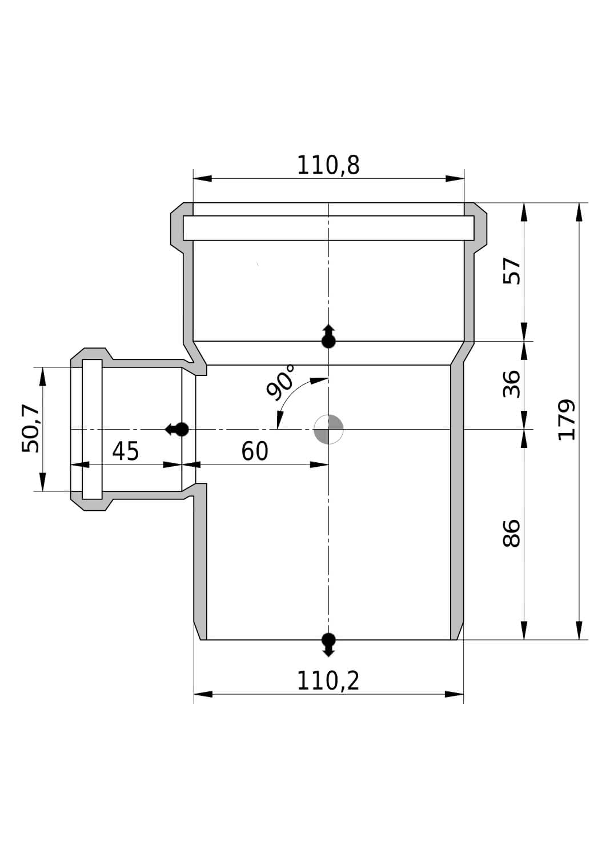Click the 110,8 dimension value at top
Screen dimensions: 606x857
(x=328, y=165)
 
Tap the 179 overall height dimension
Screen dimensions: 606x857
(x=567, y=419)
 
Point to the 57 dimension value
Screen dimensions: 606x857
(x=512, y=271)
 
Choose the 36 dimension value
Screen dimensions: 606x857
(x=512, y=384)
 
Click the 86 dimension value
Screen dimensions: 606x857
(x=512, y=533)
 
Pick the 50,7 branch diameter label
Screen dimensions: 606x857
(x=31, y=428)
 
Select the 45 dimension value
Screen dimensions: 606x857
(x=126, y=451)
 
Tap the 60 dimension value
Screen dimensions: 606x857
(x=255, y=451)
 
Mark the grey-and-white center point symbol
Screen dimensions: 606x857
(x=328, y=429)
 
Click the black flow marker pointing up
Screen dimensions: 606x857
(x=328, y=337)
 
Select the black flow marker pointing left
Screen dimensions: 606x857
(x=176, y=429)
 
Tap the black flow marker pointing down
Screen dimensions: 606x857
(x=328, y=644)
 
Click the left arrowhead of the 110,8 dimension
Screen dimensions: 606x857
(x=202, y=178)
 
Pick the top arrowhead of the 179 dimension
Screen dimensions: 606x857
(x=579, y=212)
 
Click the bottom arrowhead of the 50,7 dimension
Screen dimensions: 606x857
(x=42, y=482)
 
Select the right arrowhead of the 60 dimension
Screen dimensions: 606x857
(x=319, y=465)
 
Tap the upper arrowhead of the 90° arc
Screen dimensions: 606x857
(x=319, y=381)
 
